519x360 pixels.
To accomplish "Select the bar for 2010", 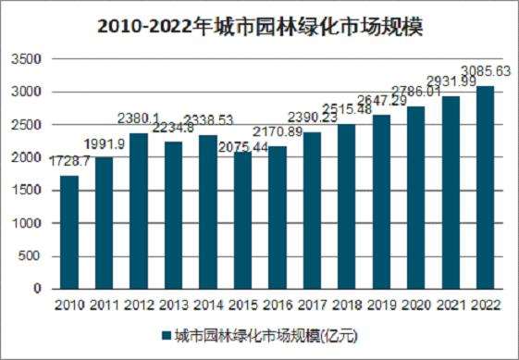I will pos(69,232).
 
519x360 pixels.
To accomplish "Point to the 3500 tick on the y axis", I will pos(31,59).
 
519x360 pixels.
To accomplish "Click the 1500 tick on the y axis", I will pos(31,191).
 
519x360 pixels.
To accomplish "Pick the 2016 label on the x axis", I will pos(277,304).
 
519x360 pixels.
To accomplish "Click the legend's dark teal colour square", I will pos(167,336).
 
